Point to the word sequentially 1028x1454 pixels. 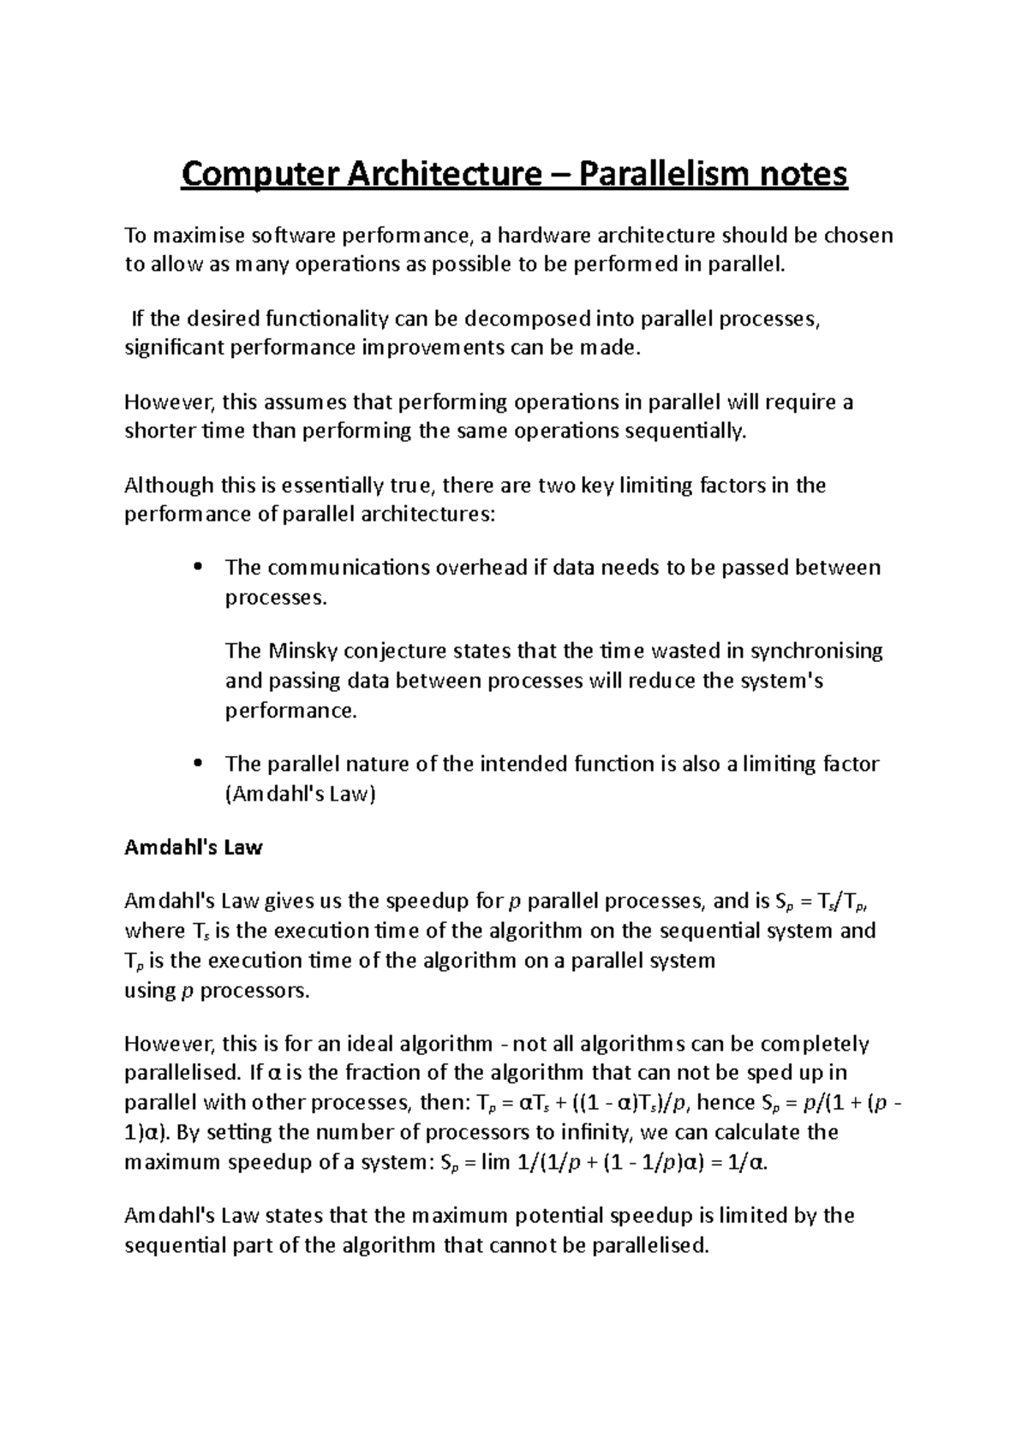pos(684,431)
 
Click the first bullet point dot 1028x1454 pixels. pos(198,568)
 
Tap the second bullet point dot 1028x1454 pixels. pos(198,764)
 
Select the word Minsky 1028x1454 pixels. pos(298,651)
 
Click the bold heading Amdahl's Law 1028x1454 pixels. pos(194,848)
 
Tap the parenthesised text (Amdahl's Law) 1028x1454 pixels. pos(300,794)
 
